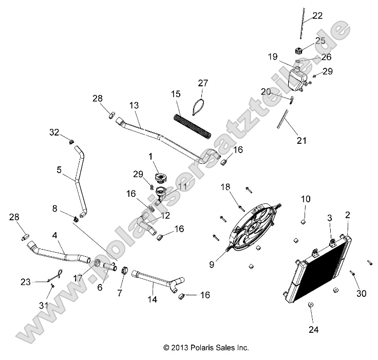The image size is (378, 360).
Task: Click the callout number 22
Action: coord(317,16)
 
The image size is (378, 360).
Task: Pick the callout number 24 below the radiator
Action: coord(313,329)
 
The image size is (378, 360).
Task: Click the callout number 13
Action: coord(134,105)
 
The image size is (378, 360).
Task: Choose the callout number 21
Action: coord(301,140)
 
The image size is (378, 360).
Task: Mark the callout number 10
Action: coord(306,198)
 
